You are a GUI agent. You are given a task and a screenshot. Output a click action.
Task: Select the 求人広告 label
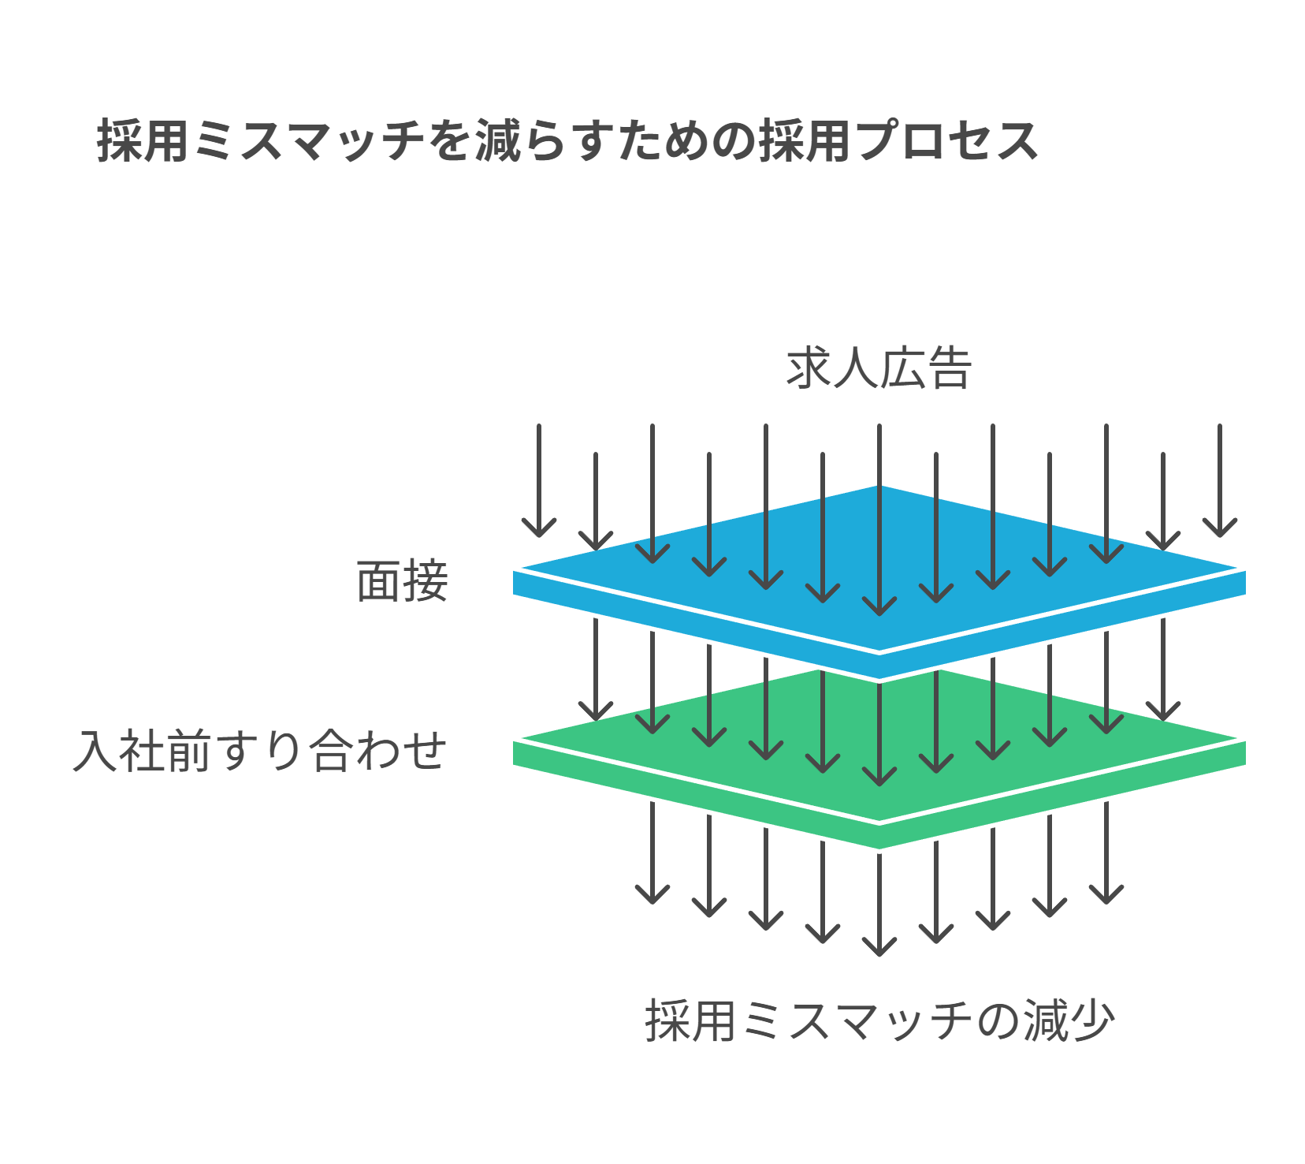(x=879, y=368)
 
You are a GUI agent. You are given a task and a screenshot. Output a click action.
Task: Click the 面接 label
(x=402, y=582)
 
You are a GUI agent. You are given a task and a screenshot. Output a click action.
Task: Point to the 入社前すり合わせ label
(x=260, y=751)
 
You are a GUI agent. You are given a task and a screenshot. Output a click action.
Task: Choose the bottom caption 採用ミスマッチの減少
(x=879, y=1020)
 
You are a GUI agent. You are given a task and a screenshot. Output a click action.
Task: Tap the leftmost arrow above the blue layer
(x=539, y=481)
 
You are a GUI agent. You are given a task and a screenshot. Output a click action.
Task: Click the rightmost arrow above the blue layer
(x=1219, y=481)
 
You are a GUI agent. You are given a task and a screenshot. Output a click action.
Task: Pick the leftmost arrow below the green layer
(x=652, y=852)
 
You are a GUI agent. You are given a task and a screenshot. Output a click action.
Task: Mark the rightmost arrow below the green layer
(x=1106, y=852)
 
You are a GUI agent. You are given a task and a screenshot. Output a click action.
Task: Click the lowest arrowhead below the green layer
(x=879, y=946)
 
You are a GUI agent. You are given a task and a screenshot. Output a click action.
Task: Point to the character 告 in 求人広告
(x=948, y=368)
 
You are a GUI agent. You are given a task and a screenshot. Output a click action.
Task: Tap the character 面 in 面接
(x=379, y=582)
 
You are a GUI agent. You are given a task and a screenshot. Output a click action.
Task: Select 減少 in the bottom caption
(x=1069, y=1020)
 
